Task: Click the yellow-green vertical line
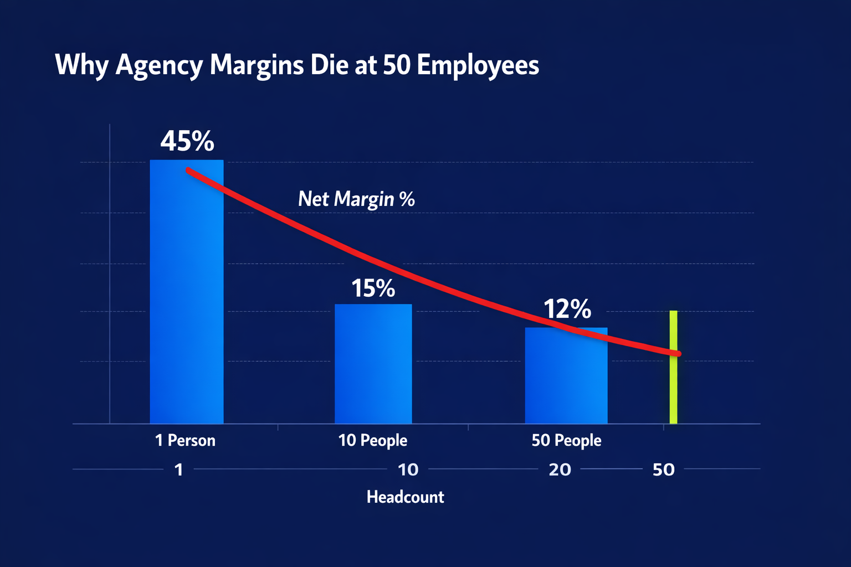[x=673, y=388]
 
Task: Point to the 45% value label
[x=187, y=142]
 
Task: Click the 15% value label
[x=373, y=288]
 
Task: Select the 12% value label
[x=567, y=309]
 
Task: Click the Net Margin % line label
[x=356, y=199]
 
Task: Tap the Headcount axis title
[x=405, y=497]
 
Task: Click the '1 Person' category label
[x=185, y=441]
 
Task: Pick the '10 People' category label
[x=372, y=441]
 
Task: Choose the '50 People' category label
[x=566, y=441]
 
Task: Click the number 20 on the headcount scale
[x=560, y=470]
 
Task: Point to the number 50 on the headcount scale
[x=663, y=470]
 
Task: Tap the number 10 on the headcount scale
[x=408, y=470]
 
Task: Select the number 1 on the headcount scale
[x=178, y=470]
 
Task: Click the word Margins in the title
[x=257, y=65]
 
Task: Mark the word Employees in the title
[x=478, y=66]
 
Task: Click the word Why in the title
[x=81, y=66]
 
